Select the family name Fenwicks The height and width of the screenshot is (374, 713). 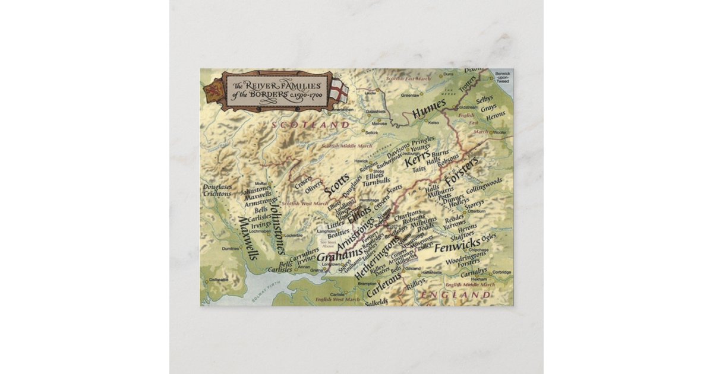click(457, 246)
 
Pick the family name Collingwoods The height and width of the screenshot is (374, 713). click(484, 185)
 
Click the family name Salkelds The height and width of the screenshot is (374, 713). click(376, 302)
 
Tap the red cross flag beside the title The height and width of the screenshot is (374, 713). click(339, 91)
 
